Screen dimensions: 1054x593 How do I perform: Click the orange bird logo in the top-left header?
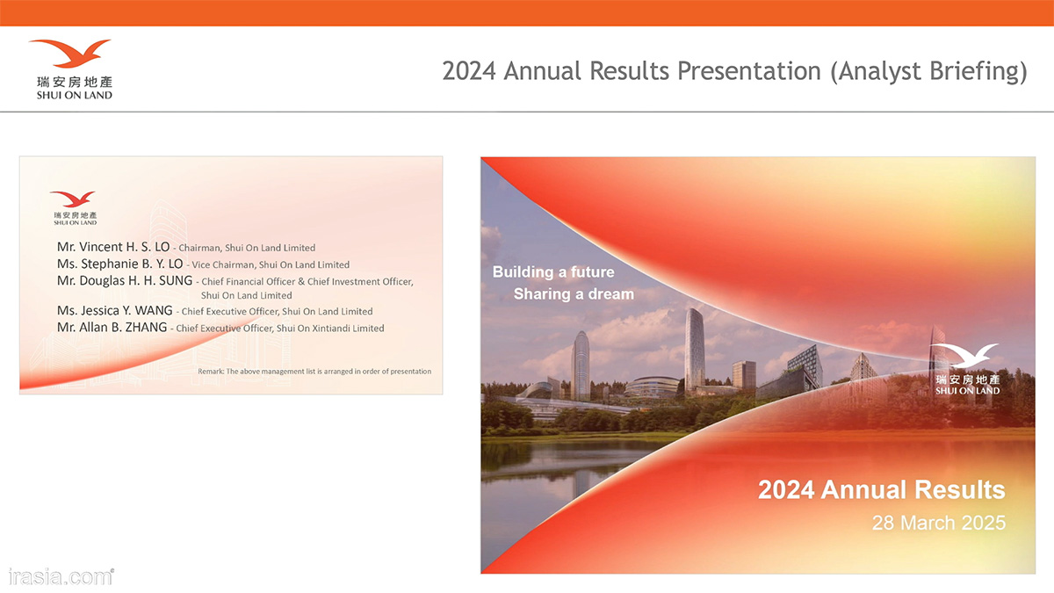(x=70, y=53)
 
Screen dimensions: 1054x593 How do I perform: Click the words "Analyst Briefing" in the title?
(x=928, y=71)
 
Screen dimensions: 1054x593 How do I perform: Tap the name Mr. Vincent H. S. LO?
(x=113, y=247)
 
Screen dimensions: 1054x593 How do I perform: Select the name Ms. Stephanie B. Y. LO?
(x=119, y=264)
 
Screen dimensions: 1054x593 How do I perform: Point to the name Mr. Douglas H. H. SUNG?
(x=125, y=281)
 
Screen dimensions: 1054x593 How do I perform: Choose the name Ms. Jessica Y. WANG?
(x=114, y=311)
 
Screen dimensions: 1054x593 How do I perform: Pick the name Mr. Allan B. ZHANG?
(x=112, y=328)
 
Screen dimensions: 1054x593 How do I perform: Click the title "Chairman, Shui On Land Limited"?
(x=247, y=248)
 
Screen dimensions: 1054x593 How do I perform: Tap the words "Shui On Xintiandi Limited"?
(x=330, y=329)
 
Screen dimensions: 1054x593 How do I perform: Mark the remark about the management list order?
(x=314, y=372)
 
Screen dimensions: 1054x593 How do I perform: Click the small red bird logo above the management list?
(x=73, y=199)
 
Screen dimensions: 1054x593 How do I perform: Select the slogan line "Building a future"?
(x=553, y=272)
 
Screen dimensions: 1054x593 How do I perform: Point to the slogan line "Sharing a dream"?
(x=574, y=294)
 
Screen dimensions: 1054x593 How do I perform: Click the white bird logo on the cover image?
(x=964, y=355)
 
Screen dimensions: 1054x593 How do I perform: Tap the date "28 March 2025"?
(x=939, y=523)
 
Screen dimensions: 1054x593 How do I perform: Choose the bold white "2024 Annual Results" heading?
(x=881, y=490)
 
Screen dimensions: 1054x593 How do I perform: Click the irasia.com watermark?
(x=61, y=577)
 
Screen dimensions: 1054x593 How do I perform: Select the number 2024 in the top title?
(x=469, y=71)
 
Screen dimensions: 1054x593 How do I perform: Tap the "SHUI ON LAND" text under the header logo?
(x=75, y=95)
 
